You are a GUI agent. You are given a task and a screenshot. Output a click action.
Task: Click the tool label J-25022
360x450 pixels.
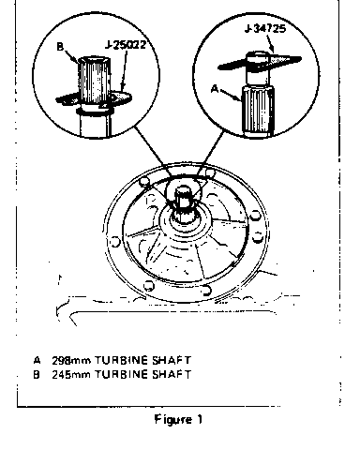tap(126, 45)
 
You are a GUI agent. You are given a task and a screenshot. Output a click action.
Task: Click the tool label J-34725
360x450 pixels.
tap(265, 29)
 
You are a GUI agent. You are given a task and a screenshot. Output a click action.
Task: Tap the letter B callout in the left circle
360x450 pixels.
tap(60, 47)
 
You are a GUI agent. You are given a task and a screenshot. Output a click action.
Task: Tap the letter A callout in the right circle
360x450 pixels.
tap(215, 89)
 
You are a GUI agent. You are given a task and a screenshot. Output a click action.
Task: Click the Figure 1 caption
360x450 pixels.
tap(178, 419)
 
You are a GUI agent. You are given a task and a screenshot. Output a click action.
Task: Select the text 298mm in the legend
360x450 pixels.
tap(71, 360)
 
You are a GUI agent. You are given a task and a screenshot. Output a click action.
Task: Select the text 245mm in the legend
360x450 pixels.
tap(71, 374)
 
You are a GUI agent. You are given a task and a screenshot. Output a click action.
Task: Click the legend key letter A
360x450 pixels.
tap(37, 360)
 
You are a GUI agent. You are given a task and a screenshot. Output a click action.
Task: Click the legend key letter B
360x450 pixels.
tap(37, 374)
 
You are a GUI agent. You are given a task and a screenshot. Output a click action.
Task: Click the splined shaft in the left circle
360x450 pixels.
tap(94, 81)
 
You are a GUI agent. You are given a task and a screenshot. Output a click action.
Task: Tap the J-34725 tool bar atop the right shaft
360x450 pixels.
tap(260, 63)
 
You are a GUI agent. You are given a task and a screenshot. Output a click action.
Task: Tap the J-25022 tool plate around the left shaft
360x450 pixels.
tap(94, 99)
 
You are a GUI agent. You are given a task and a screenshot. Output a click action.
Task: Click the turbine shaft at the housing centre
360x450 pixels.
tap(182, 202)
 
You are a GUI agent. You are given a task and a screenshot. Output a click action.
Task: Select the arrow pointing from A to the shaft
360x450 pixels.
tap(231, 96)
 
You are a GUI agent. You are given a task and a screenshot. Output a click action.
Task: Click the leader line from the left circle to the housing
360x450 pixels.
tap(154, 151)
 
